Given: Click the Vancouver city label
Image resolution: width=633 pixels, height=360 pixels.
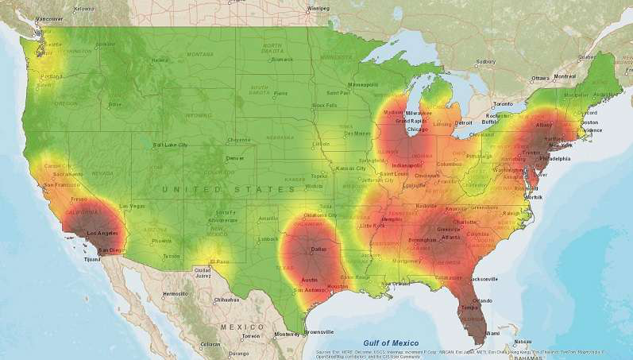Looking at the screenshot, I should point(49,18).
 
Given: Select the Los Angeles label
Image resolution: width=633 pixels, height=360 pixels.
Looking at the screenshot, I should point(102,233).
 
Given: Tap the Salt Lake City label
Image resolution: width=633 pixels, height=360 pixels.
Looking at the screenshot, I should point(171,145).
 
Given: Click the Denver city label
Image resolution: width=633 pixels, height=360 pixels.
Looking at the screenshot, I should point(235,158).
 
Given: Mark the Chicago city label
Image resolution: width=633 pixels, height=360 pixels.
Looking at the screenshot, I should point(417,129).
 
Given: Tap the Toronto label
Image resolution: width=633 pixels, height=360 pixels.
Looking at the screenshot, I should point(504,104).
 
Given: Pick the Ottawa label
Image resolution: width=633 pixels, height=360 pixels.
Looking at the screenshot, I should point(540,78).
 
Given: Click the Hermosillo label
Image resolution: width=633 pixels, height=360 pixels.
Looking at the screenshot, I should point(175,293).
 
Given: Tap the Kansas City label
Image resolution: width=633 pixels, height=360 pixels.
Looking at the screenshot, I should point(349,168).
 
